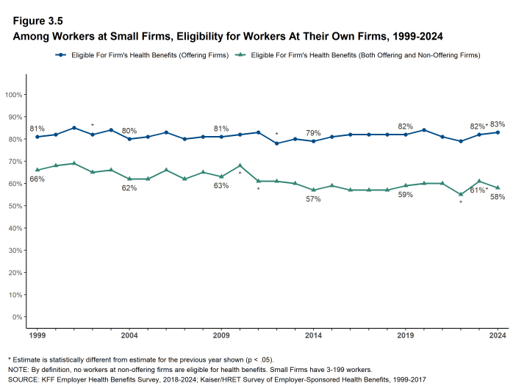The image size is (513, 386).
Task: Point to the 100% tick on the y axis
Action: (12, 95)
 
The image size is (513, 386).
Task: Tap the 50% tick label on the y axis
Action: (14, 206)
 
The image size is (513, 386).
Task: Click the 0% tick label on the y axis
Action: (16, 317)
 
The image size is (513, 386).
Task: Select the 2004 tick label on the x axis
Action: (129, 336)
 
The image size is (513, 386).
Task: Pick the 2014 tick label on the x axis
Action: (313, 336)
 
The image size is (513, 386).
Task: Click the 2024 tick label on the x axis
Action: (498, 336)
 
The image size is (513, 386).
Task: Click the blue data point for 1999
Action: (37, 137)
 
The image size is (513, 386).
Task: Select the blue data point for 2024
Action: (498, 132)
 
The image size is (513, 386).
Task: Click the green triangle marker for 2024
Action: (498, 187)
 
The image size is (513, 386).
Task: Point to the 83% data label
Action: (498, 124)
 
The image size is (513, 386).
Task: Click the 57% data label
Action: (313, 199)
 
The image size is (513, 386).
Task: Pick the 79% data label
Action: (313, 133)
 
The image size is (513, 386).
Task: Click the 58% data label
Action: (498, 197)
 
